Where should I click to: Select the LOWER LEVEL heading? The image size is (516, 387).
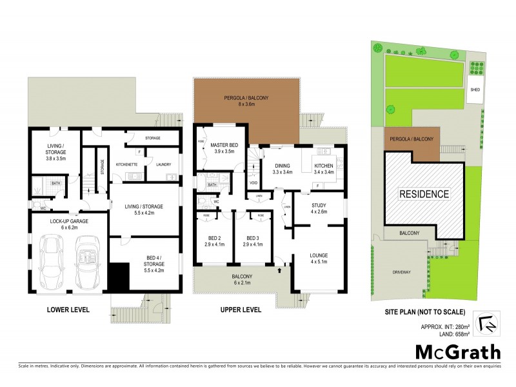point(68,310)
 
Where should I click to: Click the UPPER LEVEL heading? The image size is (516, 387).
point(240,310)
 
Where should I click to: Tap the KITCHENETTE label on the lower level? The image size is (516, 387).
point(126,164)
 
